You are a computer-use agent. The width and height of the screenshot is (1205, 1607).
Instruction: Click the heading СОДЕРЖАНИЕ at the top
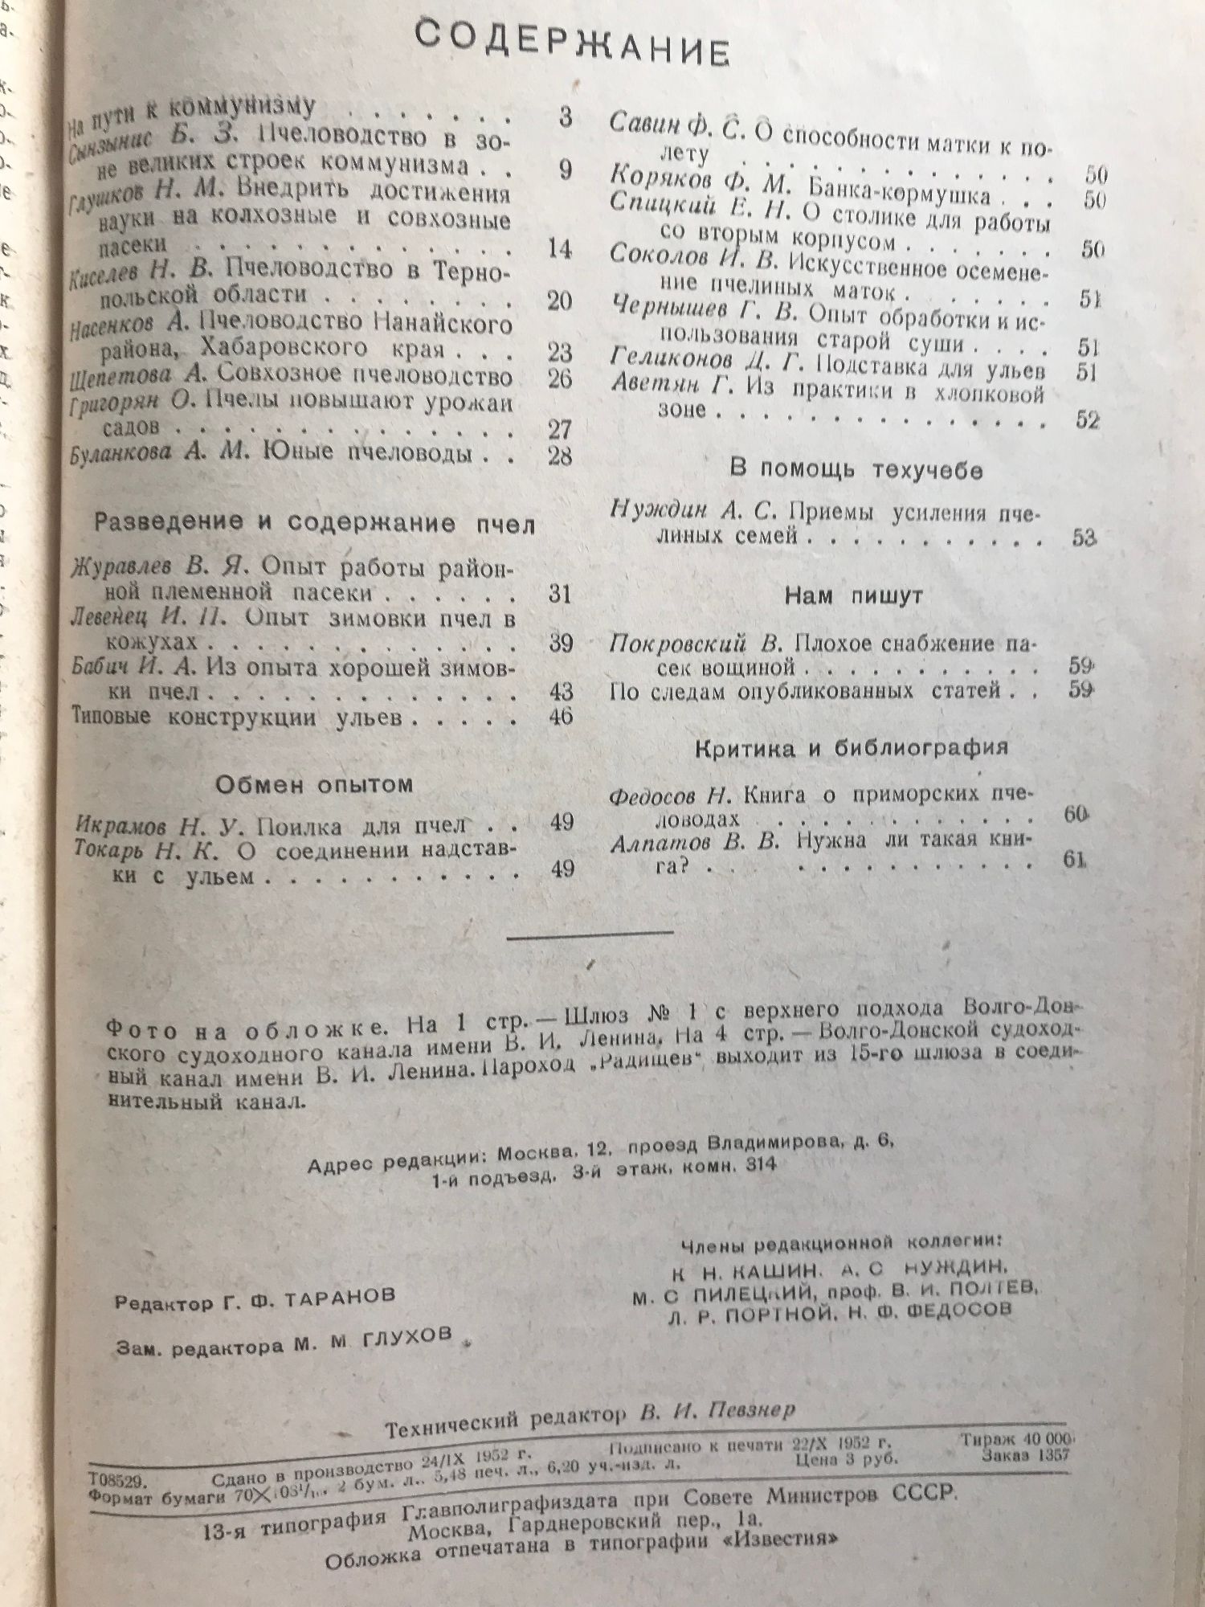(x=573, y=45)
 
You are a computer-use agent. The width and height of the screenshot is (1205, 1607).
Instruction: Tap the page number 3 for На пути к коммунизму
(x=565, y=117)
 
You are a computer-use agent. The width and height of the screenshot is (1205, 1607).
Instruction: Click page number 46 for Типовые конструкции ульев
(x=560, y=715)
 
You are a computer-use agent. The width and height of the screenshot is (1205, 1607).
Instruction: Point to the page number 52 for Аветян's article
(x=1086, y=419)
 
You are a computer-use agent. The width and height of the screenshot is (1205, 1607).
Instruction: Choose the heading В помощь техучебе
(x=856, y=470)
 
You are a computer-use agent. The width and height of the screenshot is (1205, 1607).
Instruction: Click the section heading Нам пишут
(x=853, y=596)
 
